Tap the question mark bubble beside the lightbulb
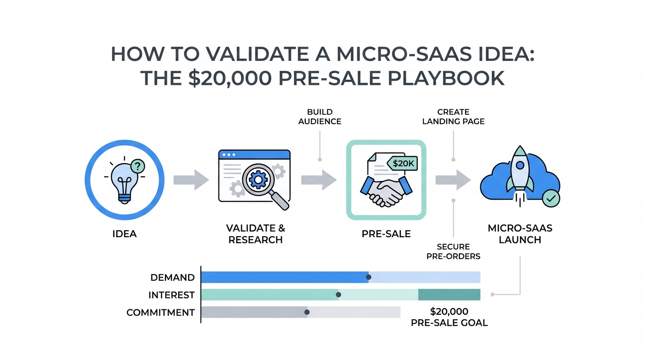coord(138,165)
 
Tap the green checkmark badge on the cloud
coord(550,198)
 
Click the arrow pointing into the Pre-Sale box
coord(319,180)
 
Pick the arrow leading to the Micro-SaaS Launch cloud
coord(453,180)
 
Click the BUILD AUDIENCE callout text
coord(320,117)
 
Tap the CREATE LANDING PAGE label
coord(453,117)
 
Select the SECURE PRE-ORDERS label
coord(454,251)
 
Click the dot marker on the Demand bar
coord(368,277)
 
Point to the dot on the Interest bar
coord(338,295)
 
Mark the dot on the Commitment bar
coord(307,312)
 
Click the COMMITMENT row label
coord(160,312)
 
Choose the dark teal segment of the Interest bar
coord(449,295)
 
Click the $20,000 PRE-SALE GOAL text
coord(449,317)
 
